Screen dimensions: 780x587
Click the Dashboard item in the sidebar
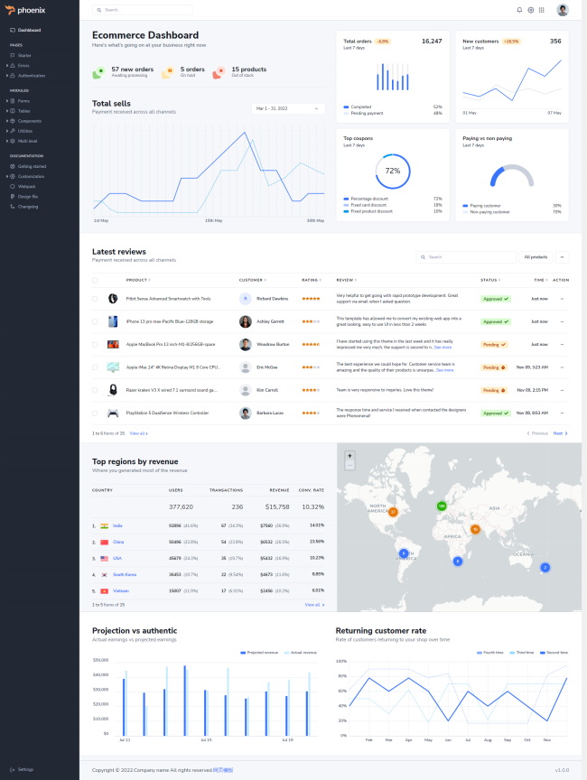point(29,30)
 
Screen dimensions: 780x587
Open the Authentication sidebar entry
point(32,75)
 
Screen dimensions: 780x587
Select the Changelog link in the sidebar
point(28,207)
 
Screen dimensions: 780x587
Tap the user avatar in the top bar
point(563,10)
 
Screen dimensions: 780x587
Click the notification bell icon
point(519,10)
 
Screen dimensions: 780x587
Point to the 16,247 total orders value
point(432,41)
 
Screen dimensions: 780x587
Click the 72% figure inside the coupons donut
point(392,171)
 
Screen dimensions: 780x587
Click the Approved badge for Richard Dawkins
point(495,298)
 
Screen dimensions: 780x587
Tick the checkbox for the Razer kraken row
point(95,391)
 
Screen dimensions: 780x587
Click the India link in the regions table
point(117,525)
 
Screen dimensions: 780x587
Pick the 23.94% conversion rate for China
point(316,542)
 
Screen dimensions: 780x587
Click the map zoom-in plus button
point(349,455)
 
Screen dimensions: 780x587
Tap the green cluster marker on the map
point(442,506)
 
